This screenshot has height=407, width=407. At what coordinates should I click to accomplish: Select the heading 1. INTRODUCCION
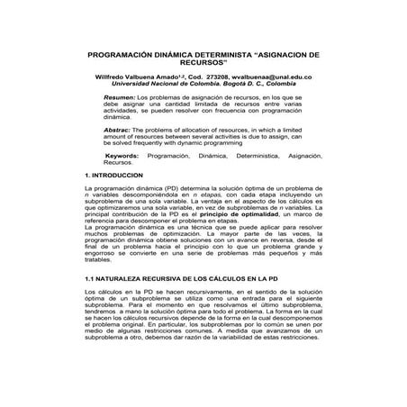113,174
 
